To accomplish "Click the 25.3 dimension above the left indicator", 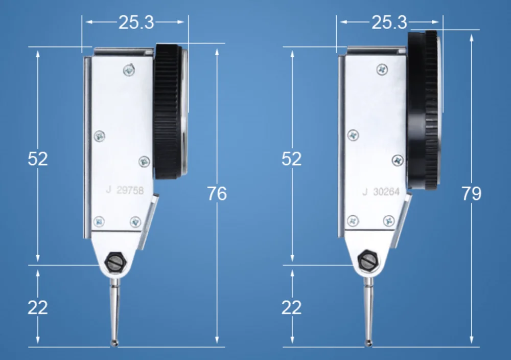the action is pos(136,22).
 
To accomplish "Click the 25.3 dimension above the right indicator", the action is pos(389,22).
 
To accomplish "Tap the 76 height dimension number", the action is pos(217,193).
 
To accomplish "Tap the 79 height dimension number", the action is pos(471,193).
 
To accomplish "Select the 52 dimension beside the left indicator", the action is pos(38,159).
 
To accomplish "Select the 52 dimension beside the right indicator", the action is pos(292,159).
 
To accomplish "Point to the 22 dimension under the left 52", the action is pos(38,307).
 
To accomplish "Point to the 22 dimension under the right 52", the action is pos(292,307).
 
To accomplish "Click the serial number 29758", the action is pos(130,190).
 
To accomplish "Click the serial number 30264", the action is pos(386,191).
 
